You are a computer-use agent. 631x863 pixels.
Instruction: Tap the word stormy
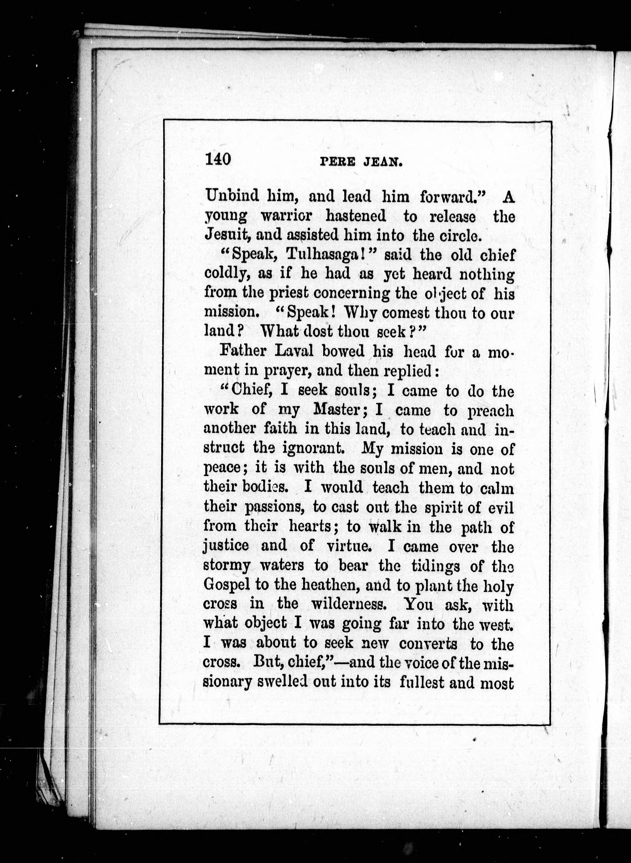pos(227,565)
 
